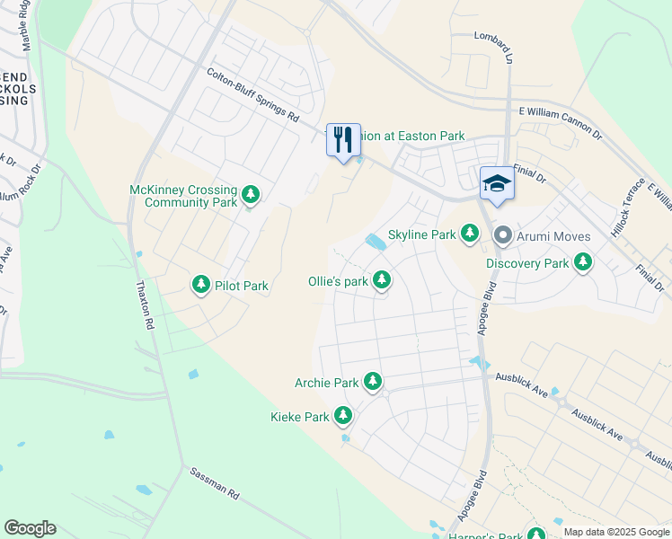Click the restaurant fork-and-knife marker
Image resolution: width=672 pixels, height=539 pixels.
point(343,140)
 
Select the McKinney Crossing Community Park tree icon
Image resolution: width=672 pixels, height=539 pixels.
point(252,194)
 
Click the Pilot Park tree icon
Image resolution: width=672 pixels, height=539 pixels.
point(201,286)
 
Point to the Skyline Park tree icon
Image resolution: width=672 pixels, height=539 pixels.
point(469,234)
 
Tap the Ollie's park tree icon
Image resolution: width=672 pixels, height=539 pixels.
point(382,280)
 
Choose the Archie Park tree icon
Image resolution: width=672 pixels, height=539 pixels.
point(372,382)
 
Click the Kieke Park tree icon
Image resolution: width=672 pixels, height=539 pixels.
point(342,416)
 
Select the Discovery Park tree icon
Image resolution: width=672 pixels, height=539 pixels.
point(583,262)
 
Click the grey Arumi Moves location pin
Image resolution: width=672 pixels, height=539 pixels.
point(502,235)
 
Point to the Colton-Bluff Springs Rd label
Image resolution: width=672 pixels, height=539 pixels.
point(253,95)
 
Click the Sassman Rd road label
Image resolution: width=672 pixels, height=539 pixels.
point(214,483)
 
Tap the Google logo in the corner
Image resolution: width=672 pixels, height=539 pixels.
point(30,528)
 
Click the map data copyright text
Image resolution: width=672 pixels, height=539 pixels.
point(616,532)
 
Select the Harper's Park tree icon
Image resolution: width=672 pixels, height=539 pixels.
point(536,535)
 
